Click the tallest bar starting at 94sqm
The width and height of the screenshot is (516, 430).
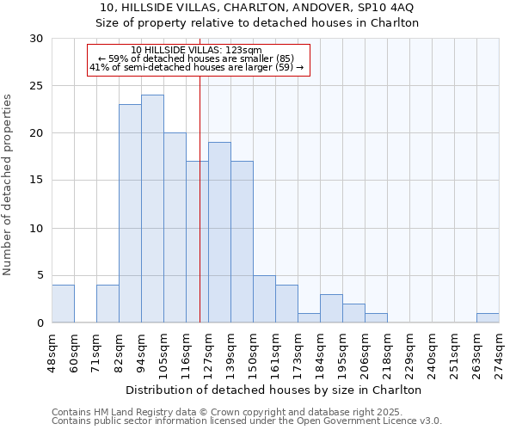click(x=152, y=209)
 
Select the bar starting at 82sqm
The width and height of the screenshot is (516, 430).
click(x=130, y=213)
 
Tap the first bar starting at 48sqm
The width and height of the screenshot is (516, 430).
click(x=63, y=304)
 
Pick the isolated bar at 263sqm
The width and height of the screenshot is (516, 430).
click(x=488, y=317)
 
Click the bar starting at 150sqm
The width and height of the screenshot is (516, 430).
click(x=264, y=298)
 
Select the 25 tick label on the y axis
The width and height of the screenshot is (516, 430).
click(x=36, y=86)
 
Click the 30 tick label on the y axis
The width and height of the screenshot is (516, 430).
click(x=36, y=39)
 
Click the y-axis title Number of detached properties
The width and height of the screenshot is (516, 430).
click(x=9, y=185)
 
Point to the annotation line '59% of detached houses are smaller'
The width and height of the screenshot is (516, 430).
click(x=197, y=58)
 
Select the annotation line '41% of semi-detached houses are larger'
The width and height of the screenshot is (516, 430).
click(x=197, y=67)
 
